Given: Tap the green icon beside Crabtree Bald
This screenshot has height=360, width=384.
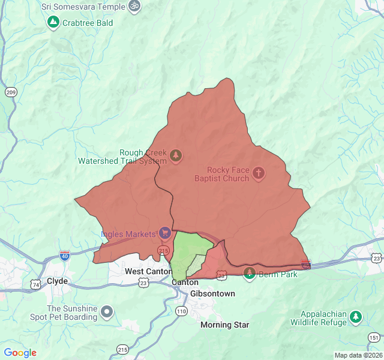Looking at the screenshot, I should click(53, 23).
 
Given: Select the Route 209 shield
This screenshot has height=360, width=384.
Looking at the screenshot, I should click(10, 92).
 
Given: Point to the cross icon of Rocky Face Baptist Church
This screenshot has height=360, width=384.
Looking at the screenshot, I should click(259, 174).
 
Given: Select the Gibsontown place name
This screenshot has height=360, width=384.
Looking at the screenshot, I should click(212, 293).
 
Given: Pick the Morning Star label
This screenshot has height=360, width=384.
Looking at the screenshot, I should click(224, 325).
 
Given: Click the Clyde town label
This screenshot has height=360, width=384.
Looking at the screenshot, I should click(57, 281).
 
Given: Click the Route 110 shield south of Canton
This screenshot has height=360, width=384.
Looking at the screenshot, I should click(182, 311).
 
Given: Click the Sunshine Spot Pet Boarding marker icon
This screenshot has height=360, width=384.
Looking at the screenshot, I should click(107, 311).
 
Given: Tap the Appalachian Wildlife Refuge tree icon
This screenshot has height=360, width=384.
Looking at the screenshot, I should click(356, 316).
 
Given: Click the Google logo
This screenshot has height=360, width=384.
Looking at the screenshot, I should click(20, 353).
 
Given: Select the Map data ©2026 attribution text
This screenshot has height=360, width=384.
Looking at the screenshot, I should click(357, 355).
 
